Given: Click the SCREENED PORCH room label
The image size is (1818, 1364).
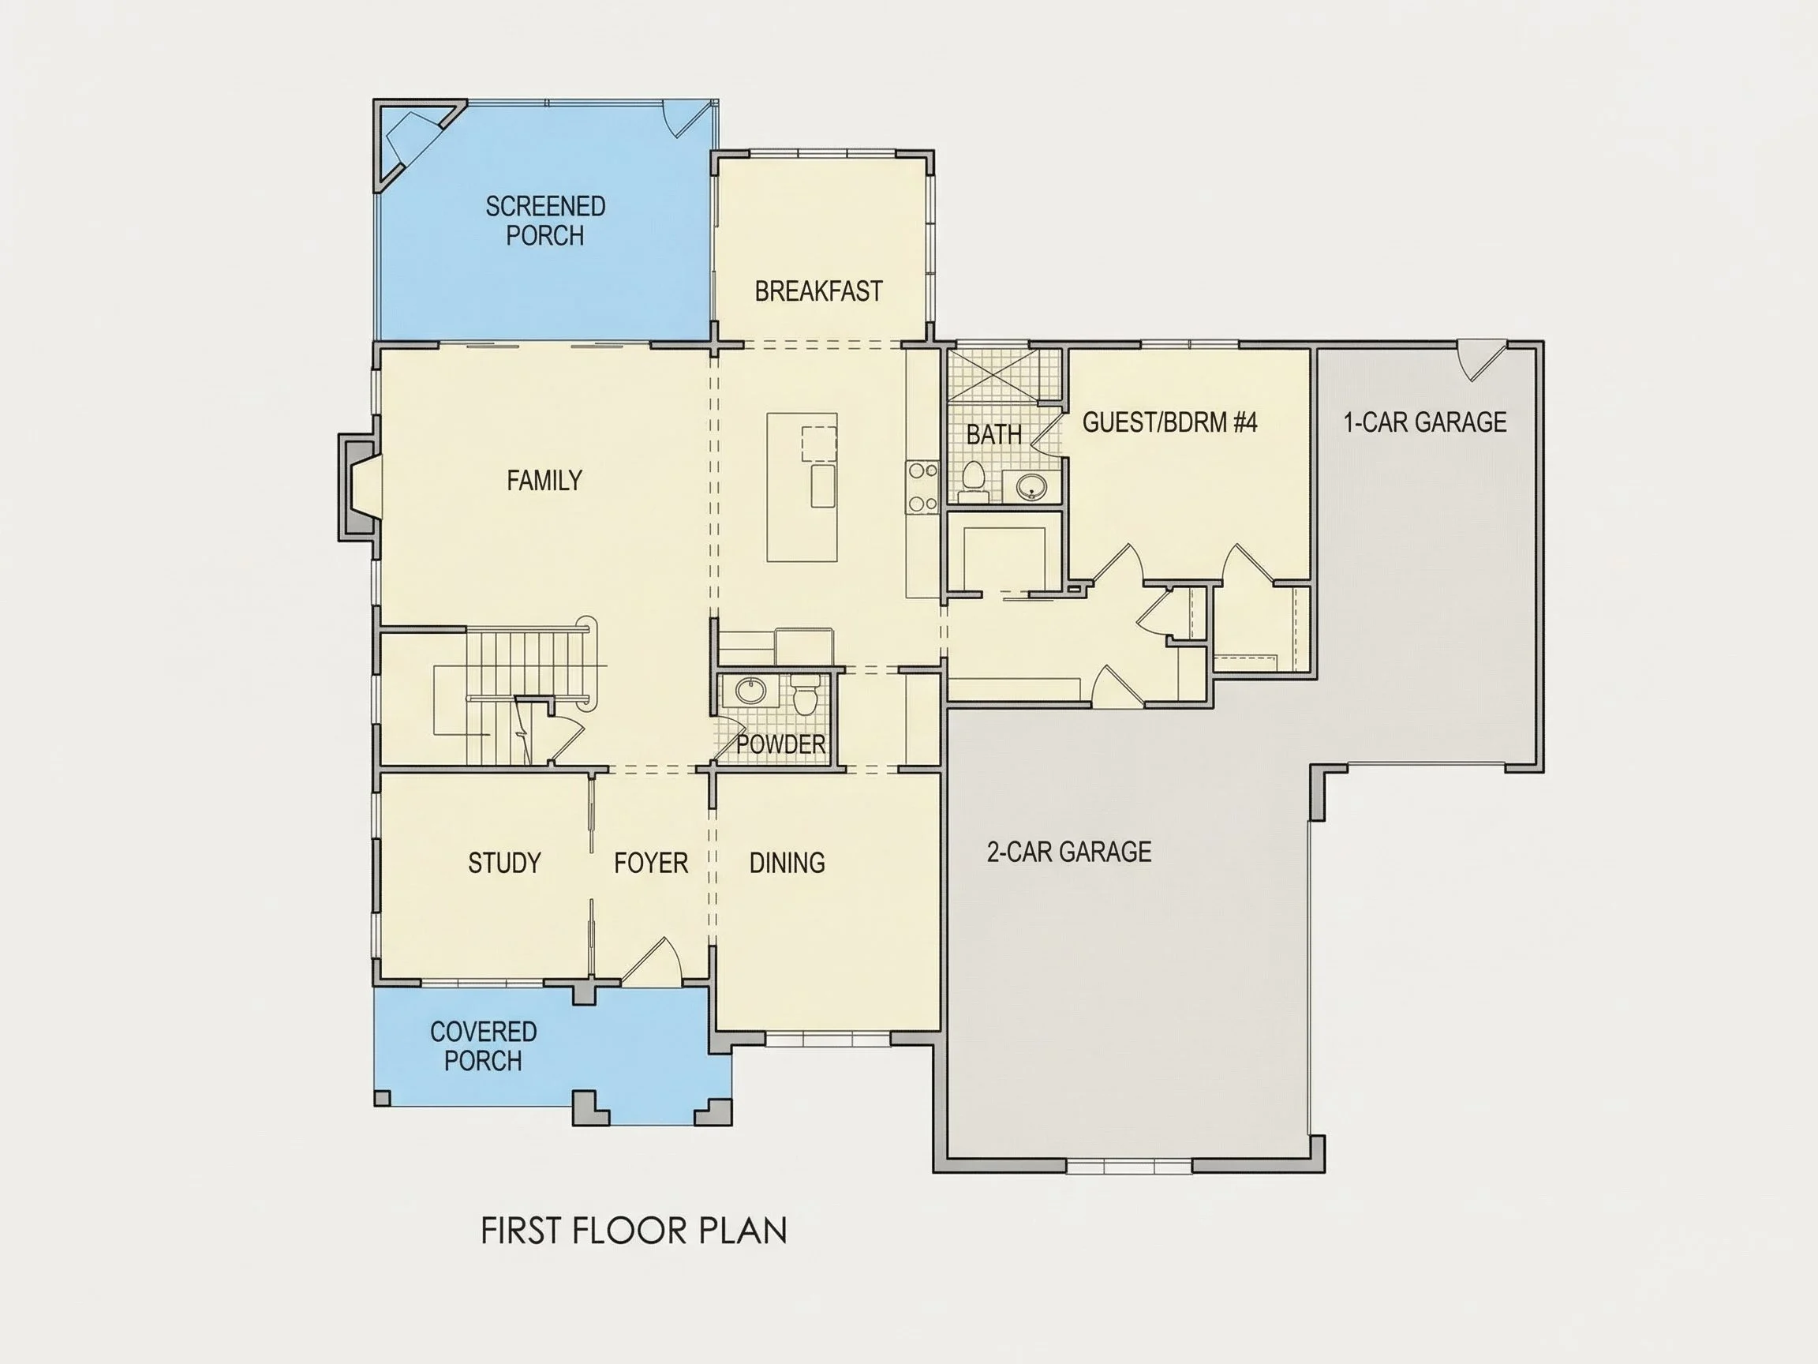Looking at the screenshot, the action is tap(545, 220).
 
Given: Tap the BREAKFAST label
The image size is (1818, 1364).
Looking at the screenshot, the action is tap(818, 291).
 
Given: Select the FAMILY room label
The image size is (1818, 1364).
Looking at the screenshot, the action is tap(544, 480).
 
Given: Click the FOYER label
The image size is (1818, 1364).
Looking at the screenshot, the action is tap(651, 863).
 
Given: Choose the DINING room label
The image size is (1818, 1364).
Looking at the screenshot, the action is tap(787, 863).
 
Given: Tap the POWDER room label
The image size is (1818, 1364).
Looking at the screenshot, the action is tap(781, 745).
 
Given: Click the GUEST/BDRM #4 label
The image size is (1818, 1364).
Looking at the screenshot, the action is tap(1169, 422).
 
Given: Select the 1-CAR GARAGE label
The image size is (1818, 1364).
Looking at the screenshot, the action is tap(1425, 422).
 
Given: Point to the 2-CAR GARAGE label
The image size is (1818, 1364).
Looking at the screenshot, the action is tap(1069, 852).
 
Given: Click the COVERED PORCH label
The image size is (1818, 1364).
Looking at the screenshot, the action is tap(483, 1046).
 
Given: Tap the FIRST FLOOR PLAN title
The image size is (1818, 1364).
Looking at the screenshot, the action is tap(634, 1231).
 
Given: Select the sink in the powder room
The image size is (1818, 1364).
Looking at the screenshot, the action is tap(750, 690).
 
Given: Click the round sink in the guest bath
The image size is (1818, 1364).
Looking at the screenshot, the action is tap(1029, 487).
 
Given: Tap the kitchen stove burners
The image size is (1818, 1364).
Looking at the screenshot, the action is tap(922, 488).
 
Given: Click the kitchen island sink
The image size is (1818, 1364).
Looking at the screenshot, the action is tap(824, 485).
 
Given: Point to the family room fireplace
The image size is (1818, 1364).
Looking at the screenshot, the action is tap(359, 489).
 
